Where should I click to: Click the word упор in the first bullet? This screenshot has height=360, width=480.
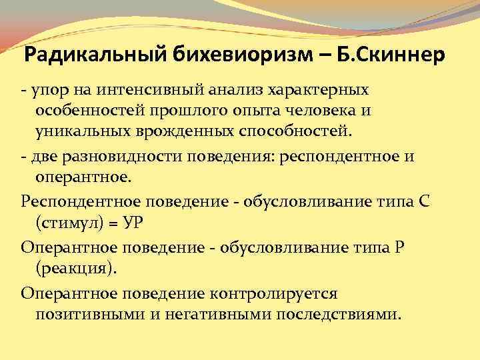(46, 89)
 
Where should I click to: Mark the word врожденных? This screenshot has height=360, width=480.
(173, 130)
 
